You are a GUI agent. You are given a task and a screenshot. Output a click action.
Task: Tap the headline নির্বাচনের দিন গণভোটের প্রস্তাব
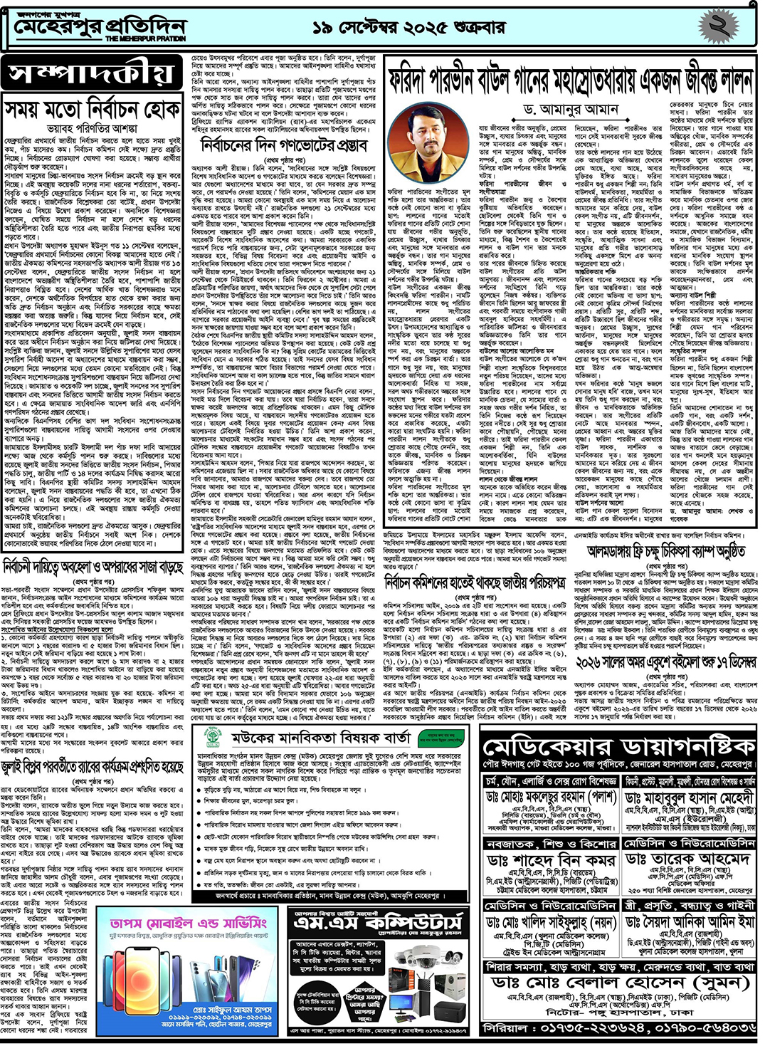(x=284, y=145)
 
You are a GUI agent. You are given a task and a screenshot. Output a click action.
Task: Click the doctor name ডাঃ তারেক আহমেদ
(x=687, y=859)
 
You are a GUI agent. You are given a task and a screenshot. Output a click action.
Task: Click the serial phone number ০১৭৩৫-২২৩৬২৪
(x=586, y=1028)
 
